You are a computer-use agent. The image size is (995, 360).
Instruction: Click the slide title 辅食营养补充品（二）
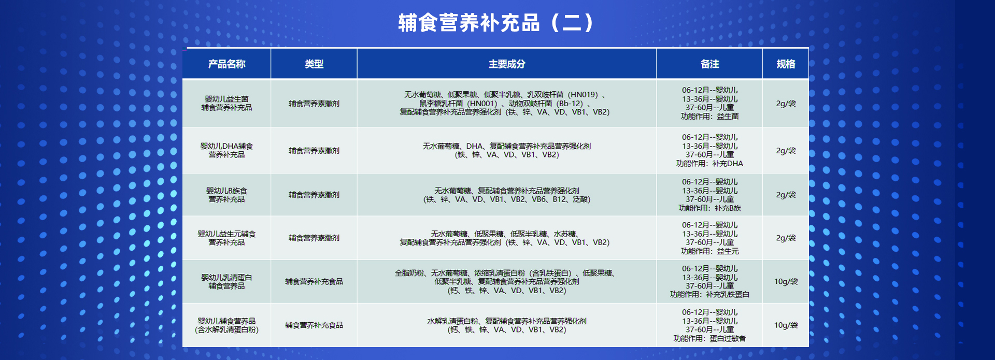497,23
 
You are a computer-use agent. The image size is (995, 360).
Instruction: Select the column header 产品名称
226,64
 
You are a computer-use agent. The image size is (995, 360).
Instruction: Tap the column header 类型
314,64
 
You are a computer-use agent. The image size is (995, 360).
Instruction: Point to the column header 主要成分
507,64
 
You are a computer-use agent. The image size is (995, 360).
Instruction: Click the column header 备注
709,64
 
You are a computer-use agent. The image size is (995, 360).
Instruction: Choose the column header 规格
786,64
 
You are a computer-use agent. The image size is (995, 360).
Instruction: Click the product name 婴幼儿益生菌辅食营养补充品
226,103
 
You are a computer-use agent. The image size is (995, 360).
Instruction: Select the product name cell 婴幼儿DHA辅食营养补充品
226,150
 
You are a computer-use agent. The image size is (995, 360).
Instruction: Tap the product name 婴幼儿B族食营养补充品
226,195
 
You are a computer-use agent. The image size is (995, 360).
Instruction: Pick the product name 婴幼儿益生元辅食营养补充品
226,238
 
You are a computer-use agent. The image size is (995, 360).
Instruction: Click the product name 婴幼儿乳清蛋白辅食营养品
226,281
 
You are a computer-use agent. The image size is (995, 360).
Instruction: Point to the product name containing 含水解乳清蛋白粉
226,325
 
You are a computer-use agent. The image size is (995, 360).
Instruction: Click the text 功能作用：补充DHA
709,164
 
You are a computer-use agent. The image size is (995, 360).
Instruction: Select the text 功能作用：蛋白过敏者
709,338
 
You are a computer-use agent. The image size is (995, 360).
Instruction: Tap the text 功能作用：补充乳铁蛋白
709,295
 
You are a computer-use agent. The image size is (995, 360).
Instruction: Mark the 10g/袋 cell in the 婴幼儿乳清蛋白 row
786,281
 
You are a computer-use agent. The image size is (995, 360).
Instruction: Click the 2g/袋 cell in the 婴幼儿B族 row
786,195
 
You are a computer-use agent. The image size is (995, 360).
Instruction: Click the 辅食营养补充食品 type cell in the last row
314,325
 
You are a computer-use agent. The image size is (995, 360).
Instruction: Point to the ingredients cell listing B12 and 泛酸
507,195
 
